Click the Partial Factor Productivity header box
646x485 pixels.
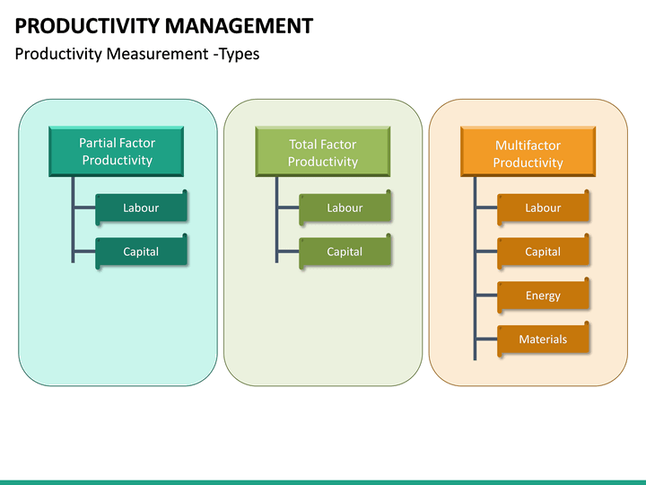[x=117, y=151]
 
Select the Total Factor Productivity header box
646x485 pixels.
[x=323, y=152]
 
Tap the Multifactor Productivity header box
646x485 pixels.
[x=528, y=153]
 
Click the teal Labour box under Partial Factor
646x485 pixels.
[x=141, y=207]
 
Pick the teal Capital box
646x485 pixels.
[x=141, y=251]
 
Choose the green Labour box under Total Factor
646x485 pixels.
[x=345, y=207]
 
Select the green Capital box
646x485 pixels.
[x=345, y=251]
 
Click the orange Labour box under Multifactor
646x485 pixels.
[x=543, y=207]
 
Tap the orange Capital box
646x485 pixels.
[x=543, y=251]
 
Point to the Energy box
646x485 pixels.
[x=543, y=295]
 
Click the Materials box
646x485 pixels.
[x=543, y=339]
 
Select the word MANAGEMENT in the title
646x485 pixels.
[x=239, y=25]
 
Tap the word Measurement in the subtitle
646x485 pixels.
[x=158, y=54]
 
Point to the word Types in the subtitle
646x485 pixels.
[x=240, y=54]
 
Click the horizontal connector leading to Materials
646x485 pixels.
[x=486, y=339]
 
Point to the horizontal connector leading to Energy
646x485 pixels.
[x=486, y=295]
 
